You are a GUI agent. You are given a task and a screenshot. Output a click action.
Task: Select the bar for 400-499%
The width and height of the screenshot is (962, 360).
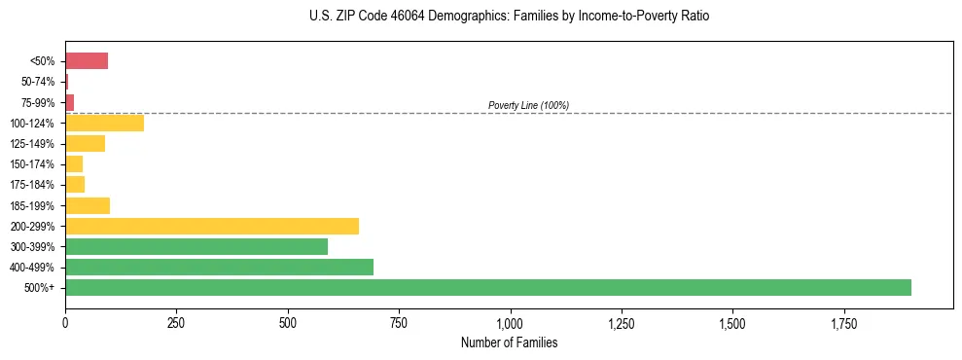[x=219, y=267]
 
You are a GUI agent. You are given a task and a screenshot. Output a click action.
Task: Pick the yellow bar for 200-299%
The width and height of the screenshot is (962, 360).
[x=212, y=226]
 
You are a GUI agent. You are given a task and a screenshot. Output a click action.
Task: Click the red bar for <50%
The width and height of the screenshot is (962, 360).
[x=87, y=61]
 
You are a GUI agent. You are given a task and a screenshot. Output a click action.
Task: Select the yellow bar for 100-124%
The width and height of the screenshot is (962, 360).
[x=104, y=123]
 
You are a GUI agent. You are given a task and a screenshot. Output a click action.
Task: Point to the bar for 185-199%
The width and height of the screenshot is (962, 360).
[x=88, y=205]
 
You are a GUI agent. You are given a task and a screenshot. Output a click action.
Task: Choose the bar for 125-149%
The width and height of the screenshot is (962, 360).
[x=85, y=144]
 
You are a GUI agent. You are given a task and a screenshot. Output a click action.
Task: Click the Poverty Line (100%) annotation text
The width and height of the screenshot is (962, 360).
[x=528, y=105]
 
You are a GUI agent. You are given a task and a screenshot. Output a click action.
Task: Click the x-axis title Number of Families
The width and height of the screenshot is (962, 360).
[x=510, y=342]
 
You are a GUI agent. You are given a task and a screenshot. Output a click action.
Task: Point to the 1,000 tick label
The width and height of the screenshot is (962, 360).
[x=510, y=322]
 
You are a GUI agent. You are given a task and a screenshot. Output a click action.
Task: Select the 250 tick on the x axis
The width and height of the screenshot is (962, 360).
[x=176, y=322]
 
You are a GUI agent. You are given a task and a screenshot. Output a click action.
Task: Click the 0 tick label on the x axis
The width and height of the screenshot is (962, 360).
[x=65, y=322]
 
